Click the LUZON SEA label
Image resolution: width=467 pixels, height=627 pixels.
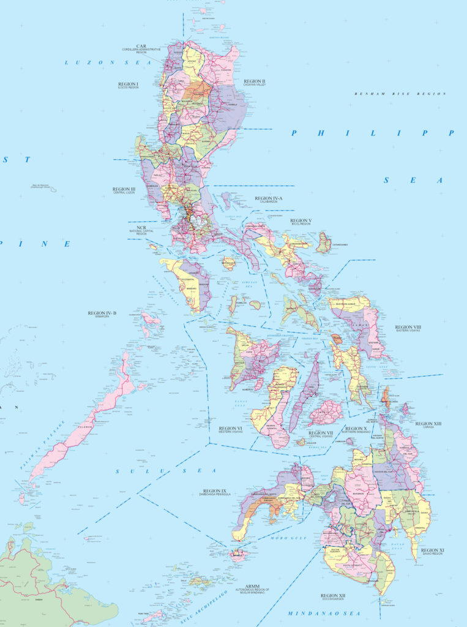pos(91,62)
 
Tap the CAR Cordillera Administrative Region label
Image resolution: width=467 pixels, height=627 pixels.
pos(141,49)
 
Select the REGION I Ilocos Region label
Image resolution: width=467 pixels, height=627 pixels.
pos(129,85)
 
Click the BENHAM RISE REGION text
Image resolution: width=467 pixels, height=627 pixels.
pos(400,94)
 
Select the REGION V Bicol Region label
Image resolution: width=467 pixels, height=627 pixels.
pos(301,221)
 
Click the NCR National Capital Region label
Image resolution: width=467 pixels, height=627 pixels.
pos(138,229)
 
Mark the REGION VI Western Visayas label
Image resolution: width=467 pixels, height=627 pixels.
pos(231,429)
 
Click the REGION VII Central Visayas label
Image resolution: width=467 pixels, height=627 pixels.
pos(321,434)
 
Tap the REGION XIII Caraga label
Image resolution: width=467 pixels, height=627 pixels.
pos(428,424)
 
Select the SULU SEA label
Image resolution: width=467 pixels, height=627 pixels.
pos(166,470)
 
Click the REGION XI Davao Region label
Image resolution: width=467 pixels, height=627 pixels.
pos(433,552)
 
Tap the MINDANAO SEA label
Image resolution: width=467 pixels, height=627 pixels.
pos(324,613)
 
